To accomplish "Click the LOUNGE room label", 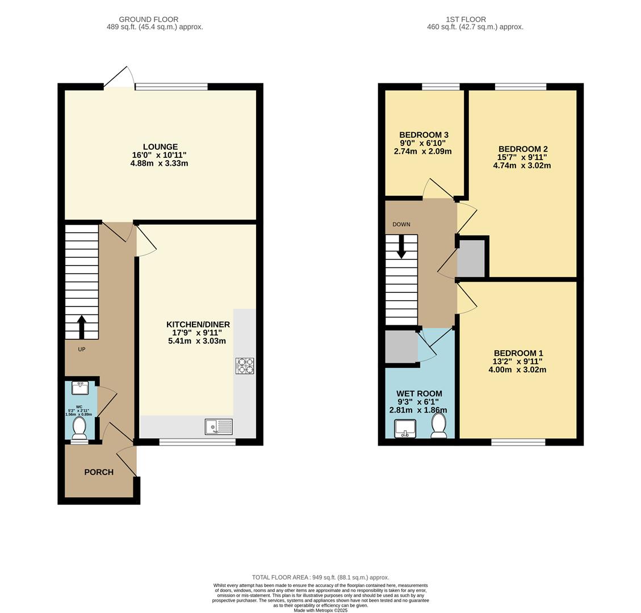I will point(160,146).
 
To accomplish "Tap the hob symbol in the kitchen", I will point(245,366).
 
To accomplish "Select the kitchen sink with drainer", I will point(219,427).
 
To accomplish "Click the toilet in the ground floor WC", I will point(79,427).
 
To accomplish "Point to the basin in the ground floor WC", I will point(79,388).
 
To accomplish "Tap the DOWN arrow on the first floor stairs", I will point(401,247).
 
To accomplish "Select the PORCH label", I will point(99,472).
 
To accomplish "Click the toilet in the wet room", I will point(438,425).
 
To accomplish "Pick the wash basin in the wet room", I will point(405,428).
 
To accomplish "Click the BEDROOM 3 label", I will point(424,135).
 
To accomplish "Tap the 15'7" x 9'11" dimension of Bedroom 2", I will point(522,157).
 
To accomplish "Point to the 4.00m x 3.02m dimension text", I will point(517,370).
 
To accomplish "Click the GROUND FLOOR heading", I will point(149,19).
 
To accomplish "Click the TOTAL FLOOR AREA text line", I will point(320,577).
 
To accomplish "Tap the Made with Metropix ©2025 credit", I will point(320,610).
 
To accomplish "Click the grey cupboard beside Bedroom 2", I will point(471,258).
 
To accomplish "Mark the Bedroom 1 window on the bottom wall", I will point(518,442).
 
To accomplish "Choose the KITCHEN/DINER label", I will point(198,324).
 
